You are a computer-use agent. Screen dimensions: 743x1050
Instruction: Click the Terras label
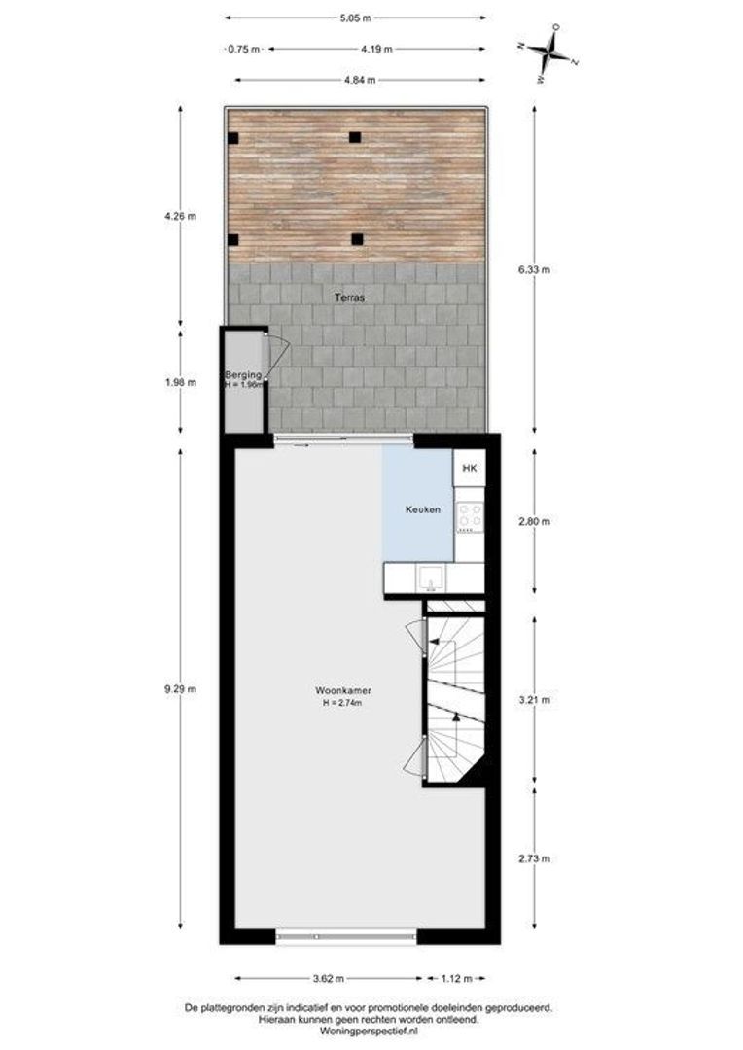350,297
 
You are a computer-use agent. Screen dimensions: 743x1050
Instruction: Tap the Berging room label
242,375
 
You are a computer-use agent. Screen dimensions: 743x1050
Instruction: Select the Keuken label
423,509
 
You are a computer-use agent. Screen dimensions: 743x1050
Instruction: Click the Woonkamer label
343,690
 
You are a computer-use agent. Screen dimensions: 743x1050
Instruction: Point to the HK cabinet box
470,468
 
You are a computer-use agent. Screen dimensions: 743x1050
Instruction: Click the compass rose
549,52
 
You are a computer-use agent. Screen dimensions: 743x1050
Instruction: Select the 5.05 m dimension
355,18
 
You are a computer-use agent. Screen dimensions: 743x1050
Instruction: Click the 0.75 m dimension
243,49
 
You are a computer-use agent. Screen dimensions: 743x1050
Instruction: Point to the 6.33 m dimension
534,270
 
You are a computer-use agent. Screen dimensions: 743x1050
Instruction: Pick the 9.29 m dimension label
180,689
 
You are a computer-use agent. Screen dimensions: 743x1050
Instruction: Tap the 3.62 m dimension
329,978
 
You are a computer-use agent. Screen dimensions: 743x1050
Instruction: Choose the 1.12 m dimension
456,978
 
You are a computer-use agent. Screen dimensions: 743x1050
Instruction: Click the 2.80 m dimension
534,521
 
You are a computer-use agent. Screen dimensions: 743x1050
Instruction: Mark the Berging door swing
276,356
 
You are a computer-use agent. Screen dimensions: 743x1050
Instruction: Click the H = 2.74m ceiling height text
342,703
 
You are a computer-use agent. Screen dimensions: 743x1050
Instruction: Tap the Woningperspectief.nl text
369,1032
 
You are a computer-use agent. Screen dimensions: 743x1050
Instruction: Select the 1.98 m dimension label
180,383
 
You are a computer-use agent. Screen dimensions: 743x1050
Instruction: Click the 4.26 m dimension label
180,216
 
